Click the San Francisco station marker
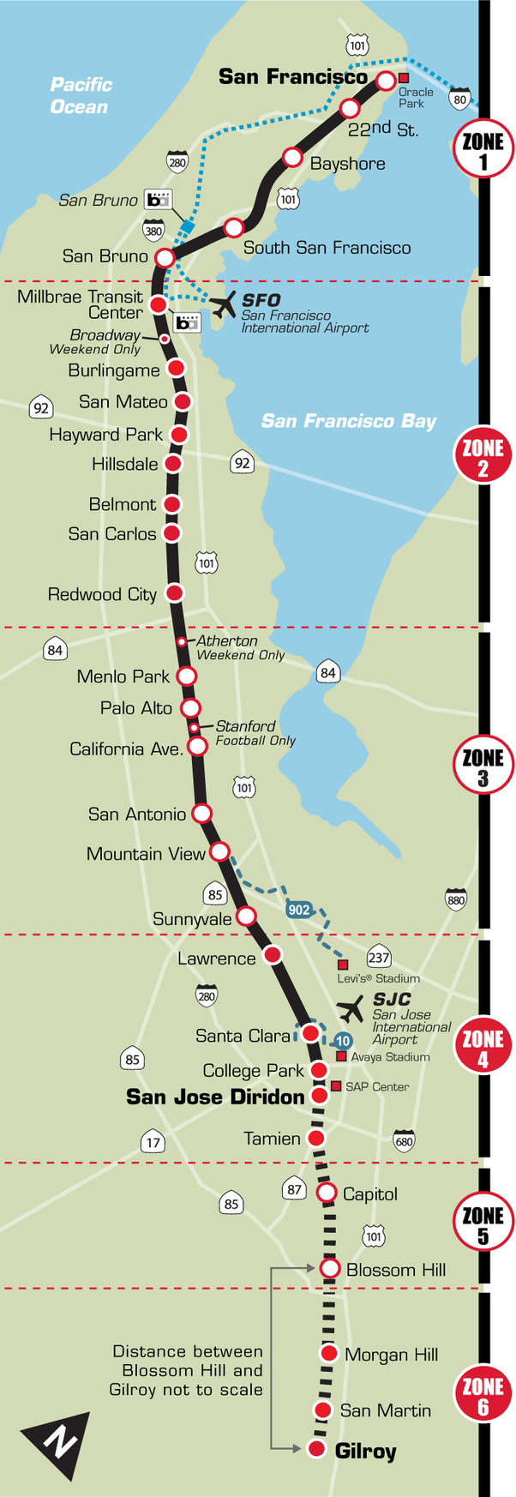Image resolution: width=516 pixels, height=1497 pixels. click(386, 81)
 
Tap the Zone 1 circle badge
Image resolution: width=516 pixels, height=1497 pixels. click(483, 151)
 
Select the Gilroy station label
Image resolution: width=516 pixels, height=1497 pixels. click(365, 1451)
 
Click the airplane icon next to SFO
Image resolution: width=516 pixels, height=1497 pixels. click(224, 304)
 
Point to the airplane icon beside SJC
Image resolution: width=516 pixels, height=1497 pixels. click(351, 1008)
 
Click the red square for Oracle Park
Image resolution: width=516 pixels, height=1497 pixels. click(404, 78)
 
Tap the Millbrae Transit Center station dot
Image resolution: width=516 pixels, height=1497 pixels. click(159, 304)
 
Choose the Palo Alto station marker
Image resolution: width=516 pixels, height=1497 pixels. click(190, 707)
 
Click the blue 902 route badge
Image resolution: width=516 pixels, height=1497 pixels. click(299, 910)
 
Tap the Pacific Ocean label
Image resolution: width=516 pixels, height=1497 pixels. click(80, 95)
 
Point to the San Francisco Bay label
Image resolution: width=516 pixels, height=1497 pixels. click(348, 421)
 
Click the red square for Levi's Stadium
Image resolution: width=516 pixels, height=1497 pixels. click(343, 964)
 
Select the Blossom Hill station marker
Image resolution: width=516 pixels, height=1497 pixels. click(330, 1268)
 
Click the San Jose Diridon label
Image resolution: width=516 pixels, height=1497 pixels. click(215, 1097)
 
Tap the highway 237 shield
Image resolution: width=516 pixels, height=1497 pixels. click(379, 958)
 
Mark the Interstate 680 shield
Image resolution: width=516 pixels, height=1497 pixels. click(404, 1140)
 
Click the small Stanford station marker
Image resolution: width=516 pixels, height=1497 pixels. click(195, 728)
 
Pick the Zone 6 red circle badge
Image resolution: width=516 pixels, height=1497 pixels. click(483, 1395)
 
